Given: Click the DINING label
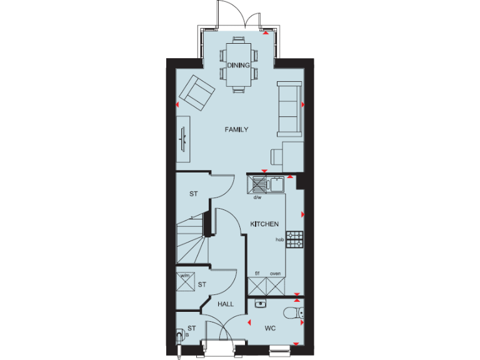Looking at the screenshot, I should click(x=238, y=65).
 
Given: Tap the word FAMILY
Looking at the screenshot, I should click(x=237, y=130).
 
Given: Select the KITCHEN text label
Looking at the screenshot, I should click(x=264, y=224).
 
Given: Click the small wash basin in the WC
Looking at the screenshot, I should click(x=262, y=304).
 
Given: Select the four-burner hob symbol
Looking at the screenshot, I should click(x=294, y=238).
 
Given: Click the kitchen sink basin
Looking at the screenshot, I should click(x=276, y=184).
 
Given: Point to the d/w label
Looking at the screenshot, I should click(x=257, y=197).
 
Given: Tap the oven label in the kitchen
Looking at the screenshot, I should click(x=275, y=274).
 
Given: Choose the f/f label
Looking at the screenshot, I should click(x=257, y=274).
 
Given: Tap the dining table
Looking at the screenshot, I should click(x=238, y=64).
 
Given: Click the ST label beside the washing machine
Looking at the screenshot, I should click(x=202, y=285).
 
